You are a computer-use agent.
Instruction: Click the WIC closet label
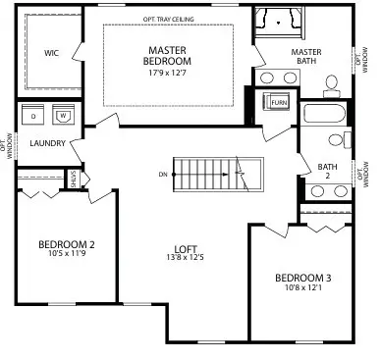[x=51, y=54]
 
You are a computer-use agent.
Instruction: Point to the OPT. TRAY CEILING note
[x=169, y=19]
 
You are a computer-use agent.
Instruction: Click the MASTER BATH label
[x=306, y=58]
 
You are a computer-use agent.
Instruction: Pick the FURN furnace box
[x=278, y=102]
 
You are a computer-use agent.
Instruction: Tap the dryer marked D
[x=34, y=116]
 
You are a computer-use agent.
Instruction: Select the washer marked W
[x=62, y=116]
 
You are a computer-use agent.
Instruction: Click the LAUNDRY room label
[x=47, y=143]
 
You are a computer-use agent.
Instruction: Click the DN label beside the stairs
[x=163, y=175]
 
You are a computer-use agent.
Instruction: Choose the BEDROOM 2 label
[x=66, y=244]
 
